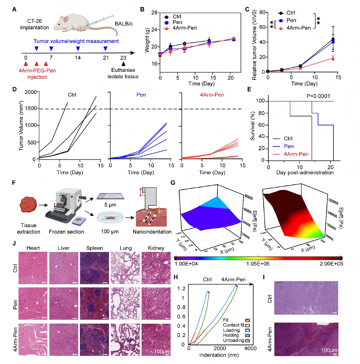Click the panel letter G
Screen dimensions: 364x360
pos(173,183)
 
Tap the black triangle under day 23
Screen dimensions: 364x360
pos(123,64)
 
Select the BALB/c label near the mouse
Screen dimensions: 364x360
pos(124,24)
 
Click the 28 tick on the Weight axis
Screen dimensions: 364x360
pos(154,13)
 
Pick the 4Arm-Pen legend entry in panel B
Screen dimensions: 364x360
pos(184,28)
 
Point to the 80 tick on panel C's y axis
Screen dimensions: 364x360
pos(262,12)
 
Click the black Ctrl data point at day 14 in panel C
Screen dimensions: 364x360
pos(333,39)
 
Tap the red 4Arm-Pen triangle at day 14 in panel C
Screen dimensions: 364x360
pos(333,58)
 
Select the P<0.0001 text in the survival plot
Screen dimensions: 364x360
pos(318,96)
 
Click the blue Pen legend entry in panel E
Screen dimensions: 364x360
pos(289,146)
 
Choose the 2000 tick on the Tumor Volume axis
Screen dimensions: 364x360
pos(31,92)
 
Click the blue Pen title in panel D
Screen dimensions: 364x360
pos(141,95)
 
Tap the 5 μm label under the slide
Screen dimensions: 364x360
pos(110,205)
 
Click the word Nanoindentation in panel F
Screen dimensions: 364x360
pos(152,232)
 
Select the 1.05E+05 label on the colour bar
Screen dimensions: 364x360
pos(258,263)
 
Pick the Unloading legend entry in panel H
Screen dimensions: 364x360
pos(233,340)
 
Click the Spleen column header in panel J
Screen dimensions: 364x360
pos(95,248)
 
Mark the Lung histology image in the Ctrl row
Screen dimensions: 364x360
pos(125,268)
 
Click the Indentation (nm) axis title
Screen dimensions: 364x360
pos(219,355)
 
